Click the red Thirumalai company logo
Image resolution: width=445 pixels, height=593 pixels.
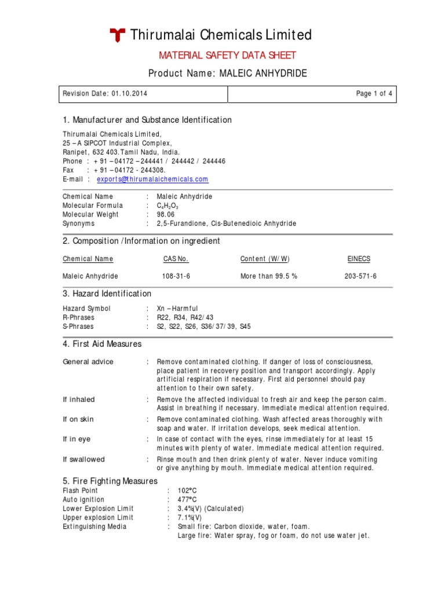(x=118, y=36)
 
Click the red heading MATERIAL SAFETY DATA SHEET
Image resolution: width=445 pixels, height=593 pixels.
(x=228, y=56)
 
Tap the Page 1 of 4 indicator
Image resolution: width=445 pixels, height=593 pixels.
(x=374, y=94)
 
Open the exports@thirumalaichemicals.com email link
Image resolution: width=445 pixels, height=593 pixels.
(x=152, y=180)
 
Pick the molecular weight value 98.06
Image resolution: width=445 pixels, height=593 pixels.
(x=166, y=214)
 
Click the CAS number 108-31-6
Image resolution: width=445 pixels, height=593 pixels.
(x=176, y=276)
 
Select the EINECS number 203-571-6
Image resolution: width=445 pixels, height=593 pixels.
(x=360, y=276)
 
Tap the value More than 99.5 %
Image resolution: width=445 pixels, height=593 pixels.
(x=269, y=276)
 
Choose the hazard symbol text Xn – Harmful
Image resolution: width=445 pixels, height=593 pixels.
(x=177, y=309)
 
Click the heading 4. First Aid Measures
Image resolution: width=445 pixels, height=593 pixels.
(x=102, y=344)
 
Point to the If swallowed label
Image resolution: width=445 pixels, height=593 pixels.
(x=83, y=459)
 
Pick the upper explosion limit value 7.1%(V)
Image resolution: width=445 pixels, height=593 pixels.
(x=190, y=518)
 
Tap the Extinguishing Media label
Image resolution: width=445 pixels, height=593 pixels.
(x=94, y=526)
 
